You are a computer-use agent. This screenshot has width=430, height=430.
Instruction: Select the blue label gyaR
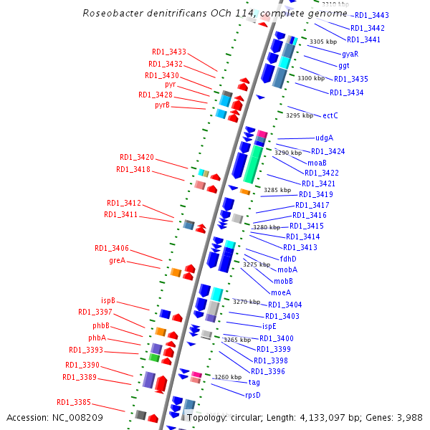click(350, 54)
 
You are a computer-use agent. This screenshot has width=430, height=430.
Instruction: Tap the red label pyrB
click(162, 105)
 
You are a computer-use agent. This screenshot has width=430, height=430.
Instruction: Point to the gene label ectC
click(330, 115)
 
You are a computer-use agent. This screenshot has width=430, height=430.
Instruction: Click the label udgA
click(324, 138)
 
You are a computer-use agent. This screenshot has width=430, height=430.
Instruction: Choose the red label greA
click(118, 260)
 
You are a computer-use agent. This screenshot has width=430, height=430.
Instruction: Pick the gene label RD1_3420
click(137, 157)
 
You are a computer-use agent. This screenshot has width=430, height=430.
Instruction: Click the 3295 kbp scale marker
click(300, 115)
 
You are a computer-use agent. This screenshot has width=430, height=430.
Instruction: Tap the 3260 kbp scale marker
click(227, 377)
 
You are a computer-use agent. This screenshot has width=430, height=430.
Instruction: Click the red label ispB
click(108, 301)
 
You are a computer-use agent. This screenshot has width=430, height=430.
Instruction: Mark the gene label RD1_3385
click(74, 401)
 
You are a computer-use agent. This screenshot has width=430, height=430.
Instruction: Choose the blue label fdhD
click(288, 259)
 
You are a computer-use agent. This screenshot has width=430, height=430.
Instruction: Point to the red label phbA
click(97, 338)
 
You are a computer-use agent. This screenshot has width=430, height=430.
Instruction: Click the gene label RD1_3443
click(372, 15)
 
